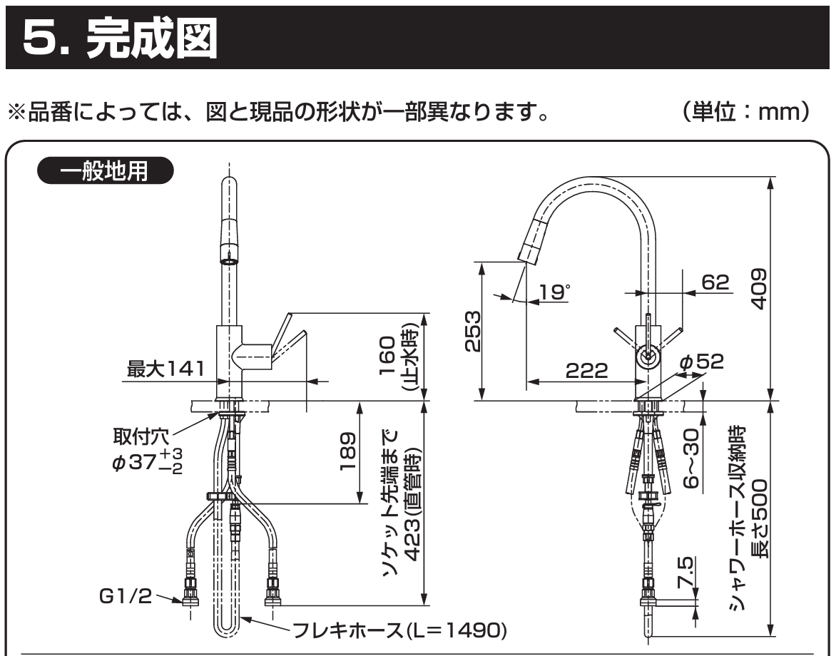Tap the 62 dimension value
coord(715,282)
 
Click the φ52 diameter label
coord(701,362)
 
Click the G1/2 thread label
coord(126,596)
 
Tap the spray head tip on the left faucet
coord(228,260)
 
